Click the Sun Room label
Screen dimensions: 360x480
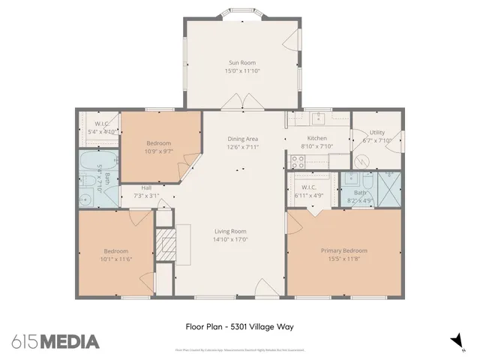click(x=242, y=63)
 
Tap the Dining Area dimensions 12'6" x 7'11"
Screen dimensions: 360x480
click(x=243, y=148)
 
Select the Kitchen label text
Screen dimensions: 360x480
click(x=317, y=139)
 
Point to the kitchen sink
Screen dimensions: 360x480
click(x=318, y=118)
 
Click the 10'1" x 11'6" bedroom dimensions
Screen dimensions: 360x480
click(x=117, y=259)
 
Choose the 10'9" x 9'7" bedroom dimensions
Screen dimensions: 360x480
click(x=158, y=151)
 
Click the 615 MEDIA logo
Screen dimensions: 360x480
click(x=55, y=342)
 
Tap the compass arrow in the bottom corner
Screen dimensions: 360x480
click(x=455, y=341)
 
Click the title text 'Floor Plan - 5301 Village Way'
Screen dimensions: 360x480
click(x=239, y=326)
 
